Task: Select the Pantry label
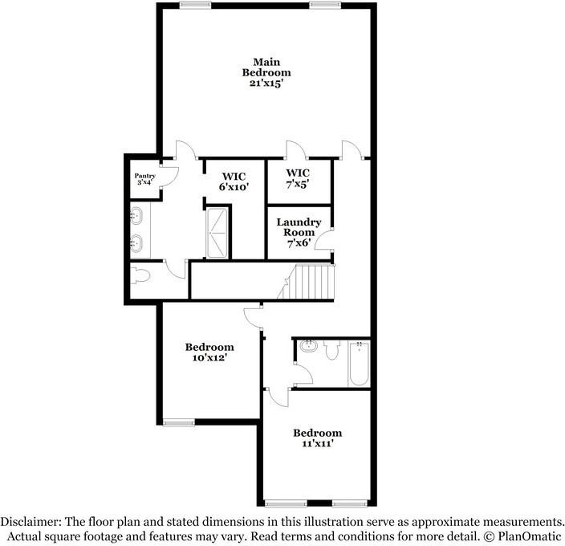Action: point(144,175)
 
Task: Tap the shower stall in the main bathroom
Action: point(218,233)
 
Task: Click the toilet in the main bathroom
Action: point(141,275)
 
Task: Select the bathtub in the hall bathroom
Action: point(359,364)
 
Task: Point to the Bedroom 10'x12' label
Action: point(209,352)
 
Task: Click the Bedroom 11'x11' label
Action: point(317,438)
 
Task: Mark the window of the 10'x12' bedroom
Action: point(178,422)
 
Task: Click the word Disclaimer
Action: point(32,520)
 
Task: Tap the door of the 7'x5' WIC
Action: point(293,150)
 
